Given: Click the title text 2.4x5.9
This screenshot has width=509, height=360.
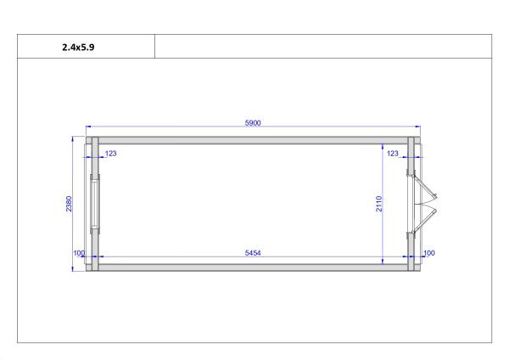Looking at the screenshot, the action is pos(78,48).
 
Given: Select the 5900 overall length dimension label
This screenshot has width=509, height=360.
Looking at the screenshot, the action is pos(253,123).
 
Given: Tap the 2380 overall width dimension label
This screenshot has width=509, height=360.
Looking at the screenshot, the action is pos(69,204).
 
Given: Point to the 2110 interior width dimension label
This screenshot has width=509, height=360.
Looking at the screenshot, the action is pos(379,204).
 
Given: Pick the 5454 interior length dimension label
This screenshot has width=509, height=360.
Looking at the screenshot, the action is pos(253,253).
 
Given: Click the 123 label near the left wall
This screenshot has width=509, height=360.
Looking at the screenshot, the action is pos(110,154).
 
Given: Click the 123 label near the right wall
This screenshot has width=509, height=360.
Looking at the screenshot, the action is pos(393,154).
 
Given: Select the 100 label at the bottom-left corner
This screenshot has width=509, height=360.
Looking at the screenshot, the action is pos(79,253).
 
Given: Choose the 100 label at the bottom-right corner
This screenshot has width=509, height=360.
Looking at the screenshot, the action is pos(428,253).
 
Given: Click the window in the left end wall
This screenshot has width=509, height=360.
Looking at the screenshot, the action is pos(94,204).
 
